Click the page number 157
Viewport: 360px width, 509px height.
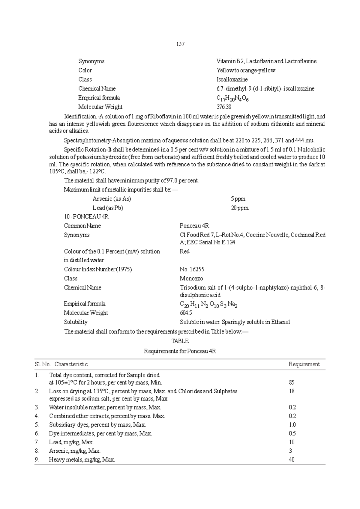click(180, 44)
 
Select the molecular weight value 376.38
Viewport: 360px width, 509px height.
click(224, 107)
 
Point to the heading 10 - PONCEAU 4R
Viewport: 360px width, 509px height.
click(84, 217)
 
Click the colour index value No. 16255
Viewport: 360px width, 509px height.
click(192, 269)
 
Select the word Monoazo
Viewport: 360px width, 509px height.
click(191, 278)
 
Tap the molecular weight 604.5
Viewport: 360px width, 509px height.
click(186, 313)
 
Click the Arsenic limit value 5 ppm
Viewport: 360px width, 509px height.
click(238, 199)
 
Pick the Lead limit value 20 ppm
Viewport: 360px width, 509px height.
click(240, 208)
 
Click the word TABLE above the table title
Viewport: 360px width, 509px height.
click(180, 341)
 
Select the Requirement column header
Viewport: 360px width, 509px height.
click(304, 364)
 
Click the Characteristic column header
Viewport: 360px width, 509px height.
click(71, 364)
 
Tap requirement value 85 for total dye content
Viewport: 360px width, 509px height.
click(292, 382)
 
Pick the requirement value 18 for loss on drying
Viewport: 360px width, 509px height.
click(292, 391)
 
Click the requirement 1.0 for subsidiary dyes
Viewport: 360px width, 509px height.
click(292, 425)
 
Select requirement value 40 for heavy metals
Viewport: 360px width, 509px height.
click(292, 460)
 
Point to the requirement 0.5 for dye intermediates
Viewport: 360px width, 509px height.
click(292, 433)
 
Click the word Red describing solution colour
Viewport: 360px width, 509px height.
click(184, 252)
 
